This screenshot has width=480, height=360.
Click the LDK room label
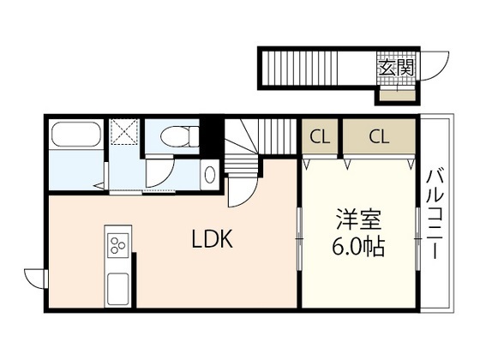(212, 238)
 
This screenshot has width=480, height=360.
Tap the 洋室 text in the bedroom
(359, 219)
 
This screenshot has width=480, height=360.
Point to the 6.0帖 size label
(358, 246)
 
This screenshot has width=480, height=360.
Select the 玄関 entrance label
(396, 68)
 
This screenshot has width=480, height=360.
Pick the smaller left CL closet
(320, 137)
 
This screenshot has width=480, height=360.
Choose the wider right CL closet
(379, 136)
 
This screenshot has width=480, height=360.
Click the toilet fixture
(180, 137)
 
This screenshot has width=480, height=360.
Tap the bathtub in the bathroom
(76, 135)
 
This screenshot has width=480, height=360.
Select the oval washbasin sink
(210, 175)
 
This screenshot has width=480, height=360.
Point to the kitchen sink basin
(118, 289)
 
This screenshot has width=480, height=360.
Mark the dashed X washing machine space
(124, 132)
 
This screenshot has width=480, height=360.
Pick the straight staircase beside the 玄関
(300, 68)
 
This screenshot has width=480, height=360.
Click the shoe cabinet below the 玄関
(398, 95)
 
